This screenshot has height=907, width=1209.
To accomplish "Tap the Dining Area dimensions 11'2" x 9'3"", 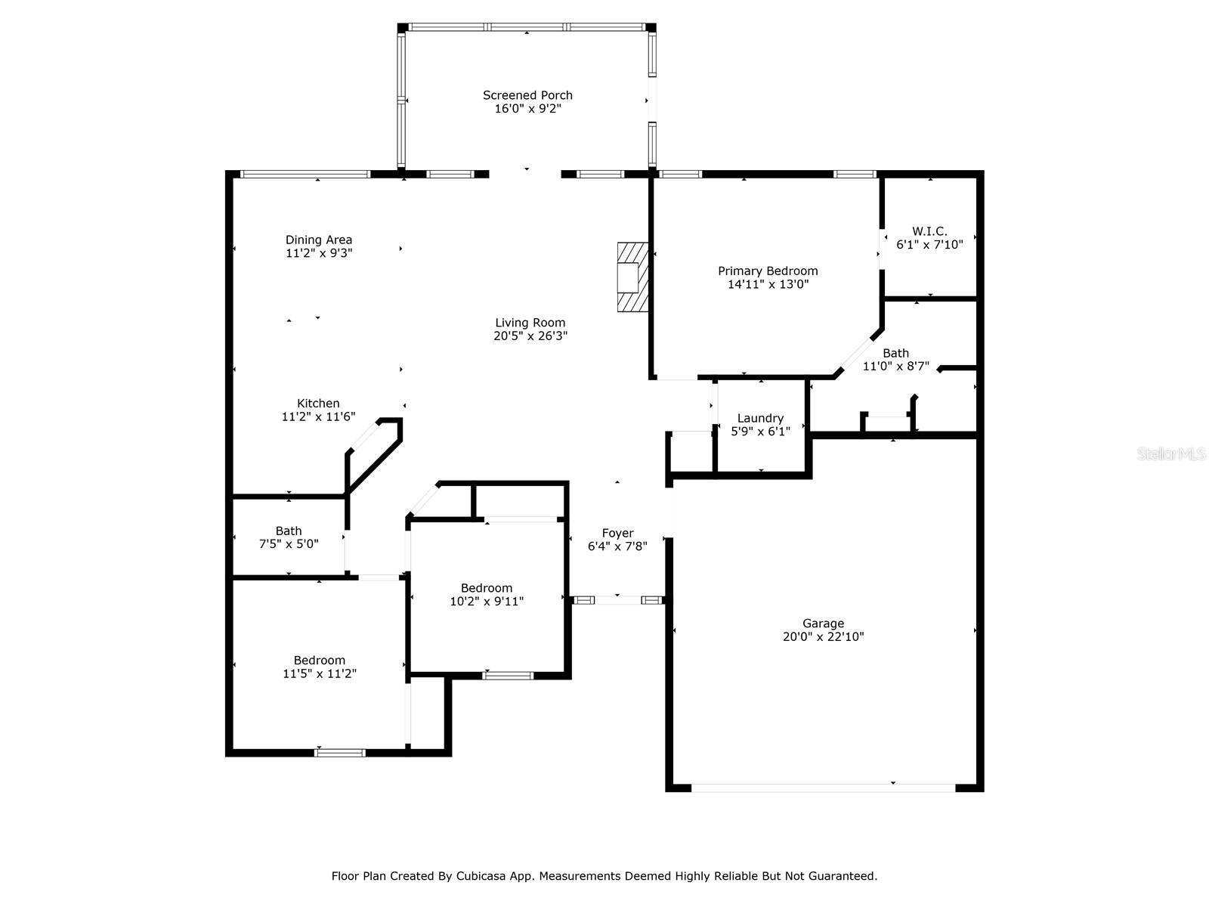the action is (x=319, y=253).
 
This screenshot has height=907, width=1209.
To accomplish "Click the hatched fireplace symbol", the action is (x=632, y=277).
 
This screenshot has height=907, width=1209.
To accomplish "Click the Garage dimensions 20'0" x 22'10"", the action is (x=824, y=636).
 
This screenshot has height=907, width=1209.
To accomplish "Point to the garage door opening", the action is (x=823, y=788).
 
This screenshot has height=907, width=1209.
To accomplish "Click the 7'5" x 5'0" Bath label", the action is (x=289, y=537).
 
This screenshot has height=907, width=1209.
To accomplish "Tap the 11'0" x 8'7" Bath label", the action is (x=895, y=360).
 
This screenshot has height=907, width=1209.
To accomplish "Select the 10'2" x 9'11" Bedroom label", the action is (x=487, y=595).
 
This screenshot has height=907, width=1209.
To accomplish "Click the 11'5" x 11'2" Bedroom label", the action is (x=320, y=667).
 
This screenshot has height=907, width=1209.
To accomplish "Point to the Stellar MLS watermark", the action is (x=1171, y=453).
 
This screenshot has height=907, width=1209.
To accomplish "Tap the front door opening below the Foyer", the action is (x=618, y=599).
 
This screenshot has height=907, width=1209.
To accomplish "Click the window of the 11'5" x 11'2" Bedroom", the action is (x=340, y=753).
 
